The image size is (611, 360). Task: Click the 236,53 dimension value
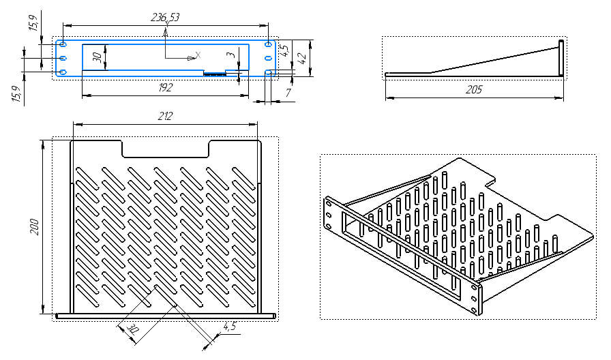(165, 18)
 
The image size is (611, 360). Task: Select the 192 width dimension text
(165, 87)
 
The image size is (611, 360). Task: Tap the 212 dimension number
(165, 116)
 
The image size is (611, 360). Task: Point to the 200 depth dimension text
(35, 227)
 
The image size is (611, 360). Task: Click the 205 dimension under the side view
(474, 89)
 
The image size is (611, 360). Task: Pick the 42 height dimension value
(302, 58)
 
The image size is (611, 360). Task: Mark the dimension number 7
(288, 93)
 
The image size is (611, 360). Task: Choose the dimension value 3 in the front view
(231, 54)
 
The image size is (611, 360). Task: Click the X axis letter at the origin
(198, 55)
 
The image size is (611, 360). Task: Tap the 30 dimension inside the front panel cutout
(98, 57)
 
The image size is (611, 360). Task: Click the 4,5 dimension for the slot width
(229, 325)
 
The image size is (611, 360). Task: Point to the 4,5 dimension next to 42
(285, 50)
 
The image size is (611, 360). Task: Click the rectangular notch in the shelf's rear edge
(166, 149)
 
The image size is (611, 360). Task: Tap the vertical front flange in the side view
(561, 59)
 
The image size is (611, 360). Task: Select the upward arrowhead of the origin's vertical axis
(166, 33)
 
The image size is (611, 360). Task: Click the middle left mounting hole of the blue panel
(62, 58)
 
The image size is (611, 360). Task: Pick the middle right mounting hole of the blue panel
(268, 58)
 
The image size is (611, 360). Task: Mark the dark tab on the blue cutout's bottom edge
(214, 73)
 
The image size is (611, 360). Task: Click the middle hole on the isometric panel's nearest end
(474, 299)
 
